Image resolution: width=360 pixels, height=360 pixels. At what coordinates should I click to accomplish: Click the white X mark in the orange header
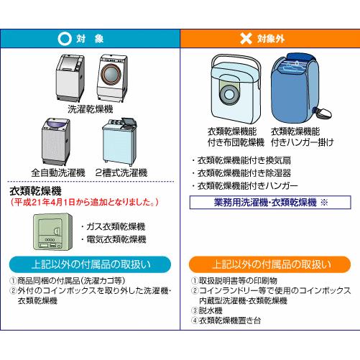[246, 38]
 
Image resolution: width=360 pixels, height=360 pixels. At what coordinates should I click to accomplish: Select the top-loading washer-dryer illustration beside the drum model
[70, 78]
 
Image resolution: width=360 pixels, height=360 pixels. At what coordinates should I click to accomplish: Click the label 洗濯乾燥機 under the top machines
[91, 109]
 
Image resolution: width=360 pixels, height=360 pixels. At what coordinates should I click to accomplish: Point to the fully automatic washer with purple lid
[56, 142]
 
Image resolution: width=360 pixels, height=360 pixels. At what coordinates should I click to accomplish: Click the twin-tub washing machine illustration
[119, 142]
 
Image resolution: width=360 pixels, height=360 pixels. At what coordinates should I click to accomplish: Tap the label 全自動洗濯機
[58, 172]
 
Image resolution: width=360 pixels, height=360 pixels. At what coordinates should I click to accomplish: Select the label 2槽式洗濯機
[121, 172]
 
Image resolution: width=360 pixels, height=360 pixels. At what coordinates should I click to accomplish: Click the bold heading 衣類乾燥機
[35, 191]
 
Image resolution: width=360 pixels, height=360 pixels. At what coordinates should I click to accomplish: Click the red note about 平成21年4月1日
[84, 203]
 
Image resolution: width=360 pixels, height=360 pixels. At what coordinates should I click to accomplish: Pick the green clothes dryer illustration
[53, 232]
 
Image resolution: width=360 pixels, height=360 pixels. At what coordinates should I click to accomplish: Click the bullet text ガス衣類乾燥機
[113, 226]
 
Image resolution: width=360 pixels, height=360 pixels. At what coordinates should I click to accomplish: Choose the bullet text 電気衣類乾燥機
[114, 239]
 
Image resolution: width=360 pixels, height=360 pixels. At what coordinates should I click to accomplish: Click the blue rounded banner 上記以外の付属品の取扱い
[90, 264]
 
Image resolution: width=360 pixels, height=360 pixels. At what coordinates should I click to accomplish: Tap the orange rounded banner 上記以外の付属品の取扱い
[270, 264]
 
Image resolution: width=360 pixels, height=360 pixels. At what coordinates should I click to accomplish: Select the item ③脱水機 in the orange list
[207, 310]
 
